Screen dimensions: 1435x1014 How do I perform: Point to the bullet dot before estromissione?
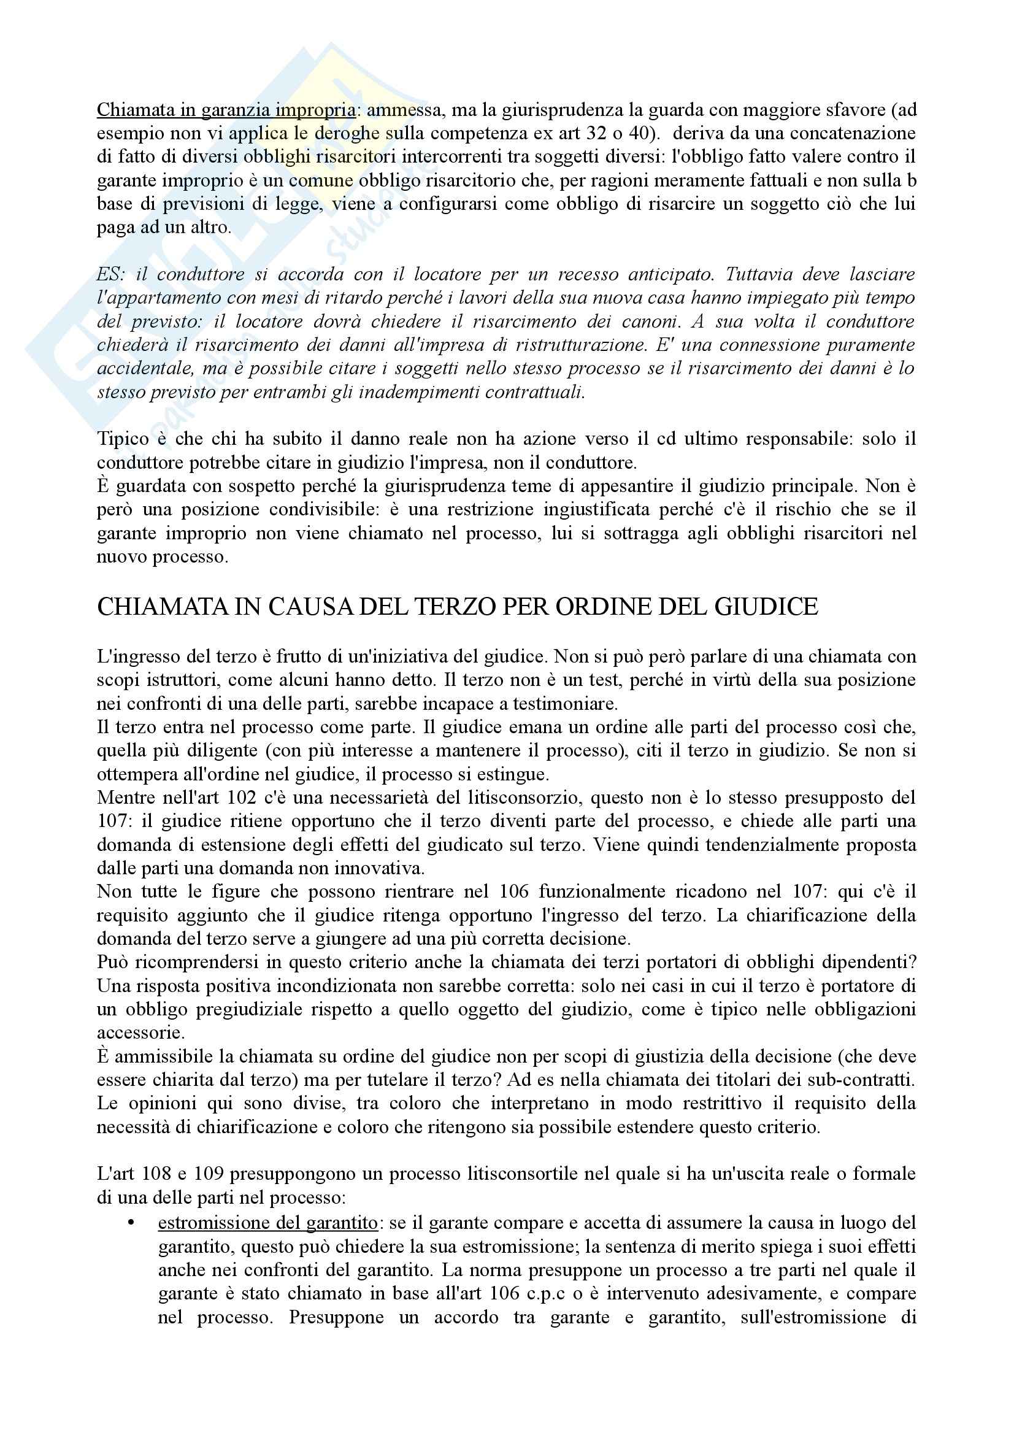131,1223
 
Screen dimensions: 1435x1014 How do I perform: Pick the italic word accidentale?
145,369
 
